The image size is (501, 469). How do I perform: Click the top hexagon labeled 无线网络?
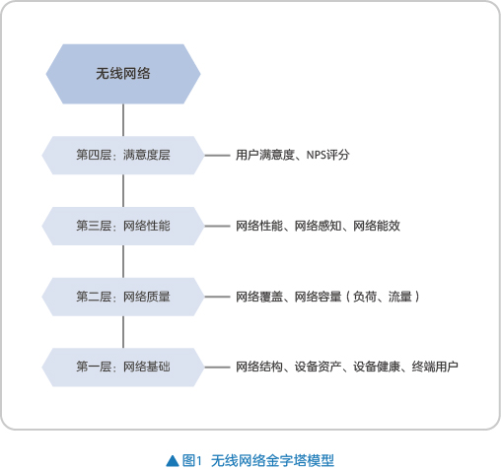pyautogui.click(x=123, y=74)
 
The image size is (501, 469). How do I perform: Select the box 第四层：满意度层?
pyautogui.click(x=123, y=156)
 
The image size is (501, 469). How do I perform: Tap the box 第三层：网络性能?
pyautogui.click(x=123, y=226)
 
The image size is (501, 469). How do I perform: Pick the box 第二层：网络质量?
pyautogui.click(x=123, y=297)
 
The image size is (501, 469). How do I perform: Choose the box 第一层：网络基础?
pyautogui.click(x=123, y=368)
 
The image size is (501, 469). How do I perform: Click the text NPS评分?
pyautogui.click(x=327, y=155)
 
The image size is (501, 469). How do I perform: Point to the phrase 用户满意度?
pyautogui.click(x=265, y=155)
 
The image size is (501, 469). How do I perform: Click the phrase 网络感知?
pyautogui.click(x=318, y=226)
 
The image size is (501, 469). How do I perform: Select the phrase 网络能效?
pyautogui.click(x=377, y=226)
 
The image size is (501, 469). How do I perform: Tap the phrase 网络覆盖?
pyautogui.click(x=259, y=297)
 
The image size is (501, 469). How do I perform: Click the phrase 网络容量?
pyautogui.click(x=318, y=297)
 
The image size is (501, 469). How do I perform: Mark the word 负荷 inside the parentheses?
pyautogui.click(x=365, y=297)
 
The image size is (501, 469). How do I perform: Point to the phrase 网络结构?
pyautogui.click(x=259, y=367)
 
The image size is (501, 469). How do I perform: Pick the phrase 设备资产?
pyautogui.click(x=318, y=367)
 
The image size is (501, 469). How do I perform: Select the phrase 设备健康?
pyautogui.click(x=377, y=367)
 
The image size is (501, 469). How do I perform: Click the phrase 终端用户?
pyautogui.click(x=435, y=367)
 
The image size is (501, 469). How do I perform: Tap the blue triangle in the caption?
pyautogui.click(x=173, y=460)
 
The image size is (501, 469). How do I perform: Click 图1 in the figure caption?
pyautogui.click(x=191, y=460)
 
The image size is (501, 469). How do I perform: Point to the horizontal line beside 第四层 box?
pyautogui.click(x=217, y=156)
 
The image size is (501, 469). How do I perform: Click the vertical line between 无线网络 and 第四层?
pyautogui.click(x=123, y=120)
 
